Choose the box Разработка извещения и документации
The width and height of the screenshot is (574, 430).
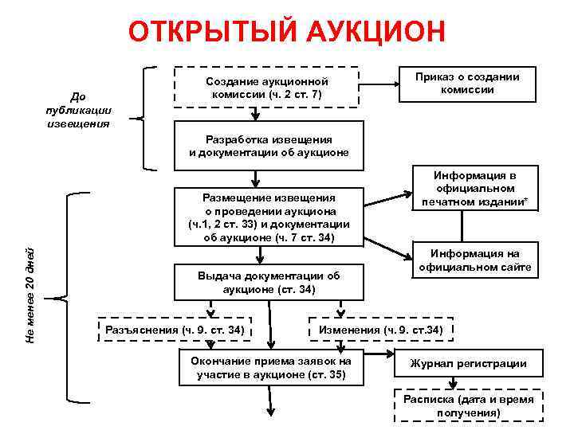coord(269,146)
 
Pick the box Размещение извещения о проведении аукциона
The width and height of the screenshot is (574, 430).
coord(269,217)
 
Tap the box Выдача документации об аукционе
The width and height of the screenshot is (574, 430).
coord(269,282)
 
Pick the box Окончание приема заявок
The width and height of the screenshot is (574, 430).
coord(269,367)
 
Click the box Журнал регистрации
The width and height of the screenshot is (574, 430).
coord(468,363)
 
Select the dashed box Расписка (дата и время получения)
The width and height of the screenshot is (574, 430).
coord(468,406)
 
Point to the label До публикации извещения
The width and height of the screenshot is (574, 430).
coord(78,111)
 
